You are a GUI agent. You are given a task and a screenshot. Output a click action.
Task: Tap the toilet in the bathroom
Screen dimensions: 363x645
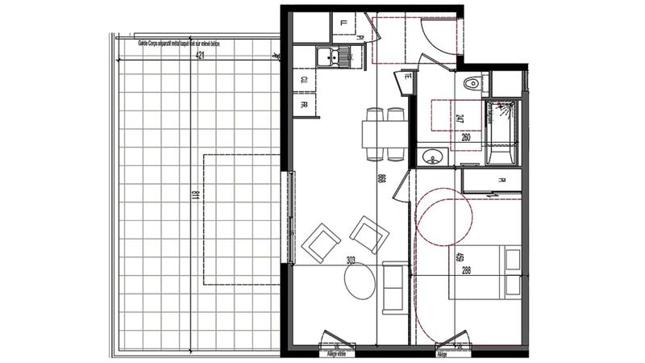point(472,83)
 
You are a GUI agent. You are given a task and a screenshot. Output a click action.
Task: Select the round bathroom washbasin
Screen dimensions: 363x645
point(431,157)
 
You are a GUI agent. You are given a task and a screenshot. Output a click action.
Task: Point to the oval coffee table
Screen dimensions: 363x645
point(360,282)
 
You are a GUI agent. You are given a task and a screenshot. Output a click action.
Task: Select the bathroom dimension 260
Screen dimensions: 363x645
point(467,137)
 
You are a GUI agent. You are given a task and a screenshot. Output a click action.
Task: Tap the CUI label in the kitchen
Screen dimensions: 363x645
point(305,81)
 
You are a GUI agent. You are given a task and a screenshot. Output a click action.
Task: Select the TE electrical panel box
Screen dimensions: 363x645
point(406,81)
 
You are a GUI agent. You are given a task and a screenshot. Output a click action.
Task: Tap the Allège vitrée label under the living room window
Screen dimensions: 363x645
point(335,353)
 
